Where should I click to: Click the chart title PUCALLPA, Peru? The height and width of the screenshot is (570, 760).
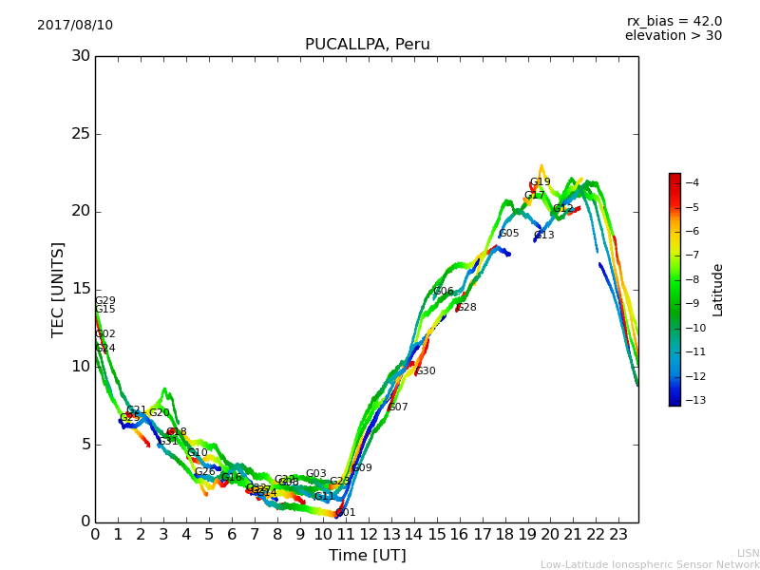367,45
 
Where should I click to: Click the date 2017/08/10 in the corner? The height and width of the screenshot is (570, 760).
75,25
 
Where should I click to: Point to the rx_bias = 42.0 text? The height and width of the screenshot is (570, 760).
674,21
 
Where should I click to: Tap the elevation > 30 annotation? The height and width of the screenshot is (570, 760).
673,36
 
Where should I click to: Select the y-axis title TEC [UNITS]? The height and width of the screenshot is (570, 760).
58,289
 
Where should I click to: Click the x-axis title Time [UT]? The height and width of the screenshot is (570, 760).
367,556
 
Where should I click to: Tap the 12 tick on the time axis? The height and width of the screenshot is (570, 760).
369,535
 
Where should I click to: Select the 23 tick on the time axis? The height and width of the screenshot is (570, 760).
619,535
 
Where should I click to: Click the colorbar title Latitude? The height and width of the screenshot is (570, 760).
718,290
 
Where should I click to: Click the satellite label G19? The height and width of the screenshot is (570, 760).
540,182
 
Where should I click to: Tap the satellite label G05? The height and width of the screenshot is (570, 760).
509,234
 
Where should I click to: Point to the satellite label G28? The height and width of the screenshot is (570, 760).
465,308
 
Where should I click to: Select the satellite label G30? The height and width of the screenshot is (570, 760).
426,371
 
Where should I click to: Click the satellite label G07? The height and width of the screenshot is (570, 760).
398,408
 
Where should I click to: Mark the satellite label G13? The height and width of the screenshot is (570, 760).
543,236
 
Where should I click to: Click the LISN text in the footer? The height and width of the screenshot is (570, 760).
748,553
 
